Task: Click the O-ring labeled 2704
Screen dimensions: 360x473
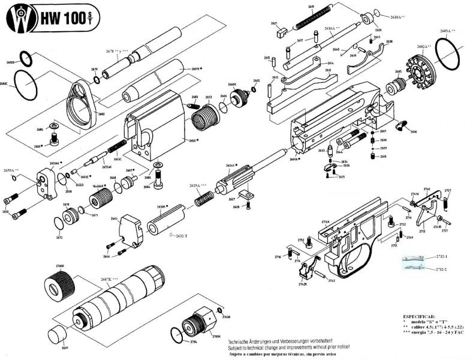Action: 176,333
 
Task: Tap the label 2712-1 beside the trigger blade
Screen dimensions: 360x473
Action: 442,256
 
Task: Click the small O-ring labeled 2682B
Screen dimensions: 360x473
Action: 25,58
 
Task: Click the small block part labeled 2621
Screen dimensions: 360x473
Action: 276,32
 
